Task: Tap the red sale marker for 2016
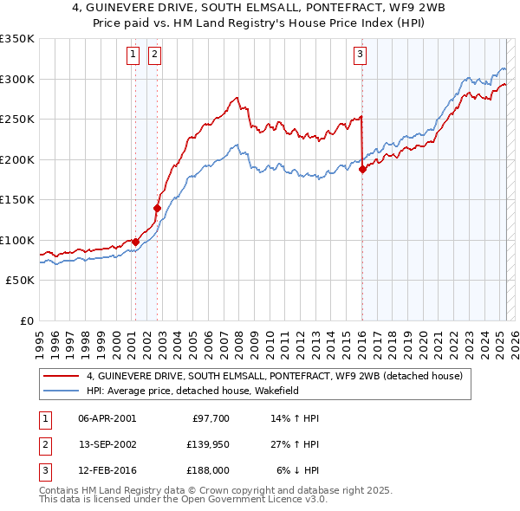coord(362,170)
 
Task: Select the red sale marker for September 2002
coord(158,208)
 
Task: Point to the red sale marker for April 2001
coord(136,243)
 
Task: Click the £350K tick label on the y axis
coord(17,39)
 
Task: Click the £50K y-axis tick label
coord(21,281)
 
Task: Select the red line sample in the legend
coord(62,377)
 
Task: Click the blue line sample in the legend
coord(62,391)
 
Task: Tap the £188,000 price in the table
coord(206,470)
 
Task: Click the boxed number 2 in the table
coord(42,444)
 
